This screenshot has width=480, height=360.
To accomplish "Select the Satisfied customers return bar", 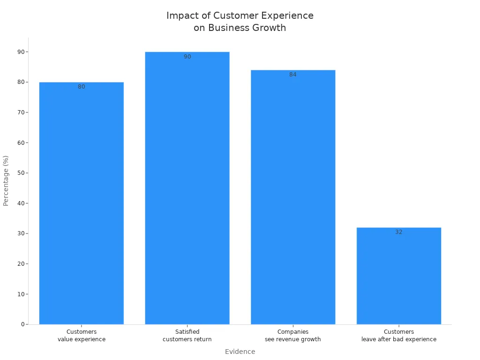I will tap(187, 187).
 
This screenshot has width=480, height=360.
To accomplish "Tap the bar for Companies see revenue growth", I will tap(293, 197).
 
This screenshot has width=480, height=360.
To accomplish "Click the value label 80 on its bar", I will tap(82, 87).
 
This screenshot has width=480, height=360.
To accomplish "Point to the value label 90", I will tap(187, 57).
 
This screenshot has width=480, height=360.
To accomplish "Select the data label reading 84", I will tap(293, 75).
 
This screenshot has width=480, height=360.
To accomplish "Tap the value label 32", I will tap(398, 232).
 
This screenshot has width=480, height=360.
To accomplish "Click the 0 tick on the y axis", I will tap(22, 324).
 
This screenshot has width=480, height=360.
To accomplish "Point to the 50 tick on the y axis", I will tap(21, 173).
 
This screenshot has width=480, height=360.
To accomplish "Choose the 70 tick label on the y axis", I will tap(21, 112).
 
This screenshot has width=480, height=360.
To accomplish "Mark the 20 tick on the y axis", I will tap(21, 264).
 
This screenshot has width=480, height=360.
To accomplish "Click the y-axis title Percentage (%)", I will tap(6, 180).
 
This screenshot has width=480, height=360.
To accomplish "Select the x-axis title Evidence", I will tap(240, 352).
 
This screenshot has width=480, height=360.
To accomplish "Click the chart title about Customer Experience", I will tap(240, 22).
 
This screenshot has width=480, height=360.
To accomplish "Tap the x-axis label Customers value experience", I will tap(82, 336).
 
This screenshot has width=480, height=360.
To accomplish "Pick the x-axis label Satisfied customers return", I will tap(187, 336).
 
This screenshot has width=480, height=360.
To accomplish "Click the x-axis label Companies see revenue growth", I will tap(293, 336).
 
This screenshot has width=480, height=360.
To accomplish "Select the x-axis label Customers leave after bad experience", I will tap(398, 336).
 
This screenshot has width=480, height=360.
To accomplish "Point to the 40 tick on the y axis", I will tap(21, 203).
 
